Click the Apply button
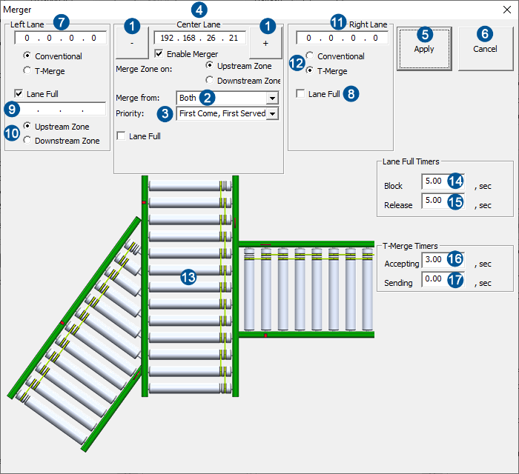[x=424, y=49]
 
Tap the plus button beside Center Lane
[x=265, y=43]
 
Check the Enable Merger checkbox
[x=159, y=54]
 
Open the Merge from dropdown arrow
[x=272, y=98]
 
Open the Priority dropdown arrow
[x=272, y=113]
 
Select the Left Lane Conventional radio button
[x=27, y=56]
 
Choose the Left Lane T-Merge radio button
[x=27, y=71]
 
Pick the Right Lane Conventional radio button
[x=310, y=56]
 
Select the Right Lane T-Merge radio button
[x=310, y=71]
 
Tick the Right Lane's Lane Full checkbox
[x=300, y=94]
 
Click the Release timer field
[x=434, y=201]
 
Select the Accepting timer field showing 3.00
[x=434, y=261]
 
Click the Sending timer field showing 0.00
[x=434, y=280]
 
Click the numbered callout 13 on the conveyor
[x=189, y=277]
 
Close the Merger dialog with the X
[x=506, y=10]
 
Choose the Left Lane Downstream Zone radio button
[x=27, y=141]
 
